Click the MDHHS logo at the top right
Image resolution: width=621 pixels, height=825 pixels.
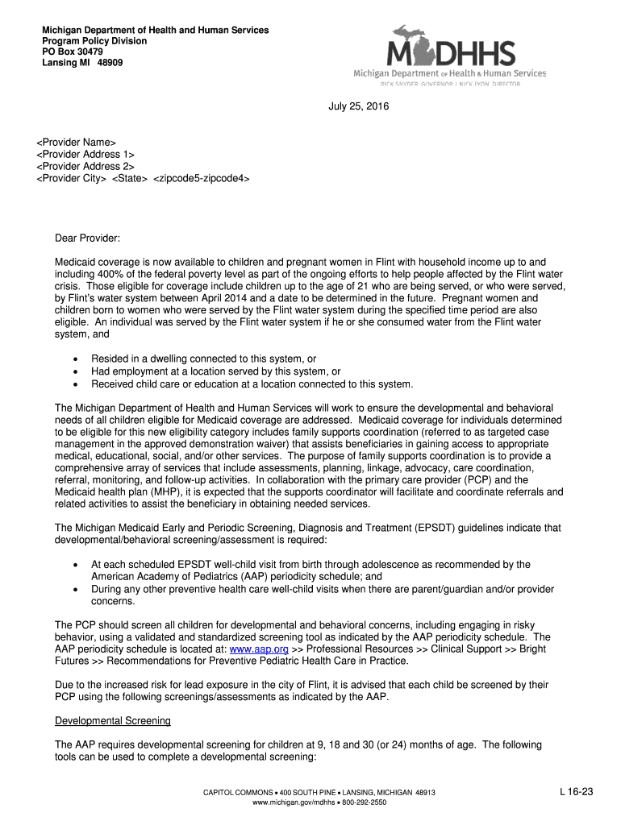(450, 55)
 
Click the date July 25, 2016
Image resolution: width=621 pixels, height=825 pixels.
(358, 106)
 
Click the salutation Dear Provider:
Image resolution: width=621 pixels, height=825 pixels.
(87, 238)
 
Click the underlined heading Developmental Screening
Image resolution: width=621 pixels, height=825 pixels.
(112, 720)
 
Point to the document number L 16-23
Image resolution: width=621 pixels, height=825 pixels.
(577, 792)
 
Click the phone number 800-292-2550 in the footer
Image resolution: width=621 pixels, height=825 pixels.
(365, 803)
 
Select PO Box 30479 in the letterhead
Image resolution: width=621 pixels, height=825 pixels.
(73, 52)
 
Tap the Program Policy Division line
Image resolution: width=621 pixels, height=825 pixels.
(94, 41)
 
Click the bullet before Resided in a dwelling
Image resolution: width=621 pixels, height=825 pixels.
(75, 359)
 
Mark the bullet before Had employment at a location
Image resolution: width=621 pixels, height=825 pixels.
(75, 371)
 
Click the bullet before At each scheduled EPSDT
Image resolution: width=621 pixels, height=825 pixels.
(75, 565)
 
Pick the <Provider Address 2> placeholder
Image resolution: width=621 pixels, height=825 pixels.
(85, 166)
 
